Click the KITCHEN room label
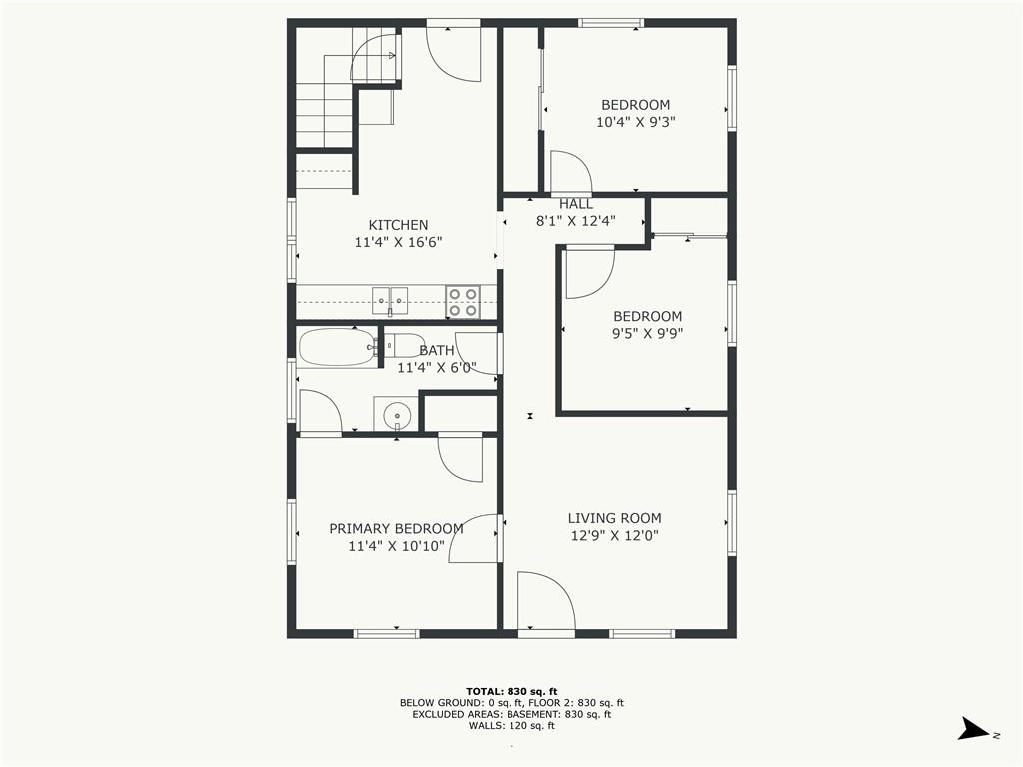click(398, 225)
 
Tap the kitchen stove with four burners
click(463, 302)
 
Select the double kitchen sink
click(390, 301)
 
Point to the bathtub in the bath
click(338, 347)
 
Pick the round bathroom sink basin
click(396, 414)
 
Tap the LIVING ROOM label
click(614, 518)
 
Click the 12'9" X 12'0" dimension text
click(615, 536)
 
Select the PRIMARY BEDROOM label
click(396, 529)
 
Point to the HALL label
click(576, 204)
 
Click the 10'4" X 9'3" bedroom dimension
click(636, 122)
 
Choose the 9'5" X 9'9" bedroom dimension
click(647, 334)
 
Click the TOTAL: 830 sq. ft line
click(511, 691)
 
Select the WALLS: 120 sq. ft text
click(511, 726)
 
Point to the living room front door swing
click(546, 601)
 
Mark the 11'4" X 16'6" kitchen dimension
click(398, 242)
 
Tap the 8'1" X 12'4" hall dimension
click(576, 221)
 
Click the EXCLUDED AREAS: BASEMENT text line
click(511, 714)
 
